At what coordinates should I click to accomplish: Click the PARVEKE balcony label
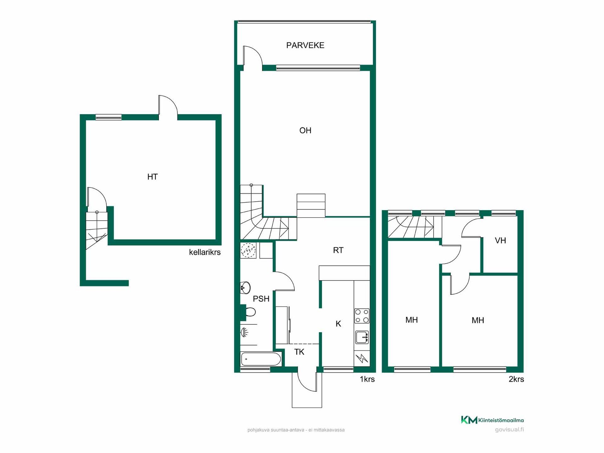pos(305,45)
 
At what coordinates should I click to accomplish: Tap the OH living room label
pos(305,130)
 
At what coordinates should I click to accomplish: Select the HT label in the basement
pos(152,177)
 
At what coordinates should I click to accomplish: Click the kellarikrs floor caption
pos(205,252)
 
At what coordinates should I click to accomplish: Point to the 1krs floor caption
pos(367,379)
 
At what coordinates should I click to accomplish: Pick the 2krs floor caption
pos(516,379)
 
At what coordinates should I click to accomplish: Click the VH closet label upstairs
pos(500,241)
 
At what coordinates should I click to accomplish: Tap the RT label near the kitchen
pos(338,250)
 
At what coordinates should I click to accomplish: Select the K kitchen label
pos(338,324)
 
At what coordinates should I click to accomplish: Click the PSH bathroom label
pos(261,299)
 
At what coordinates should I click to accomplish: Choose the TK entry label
pos(299,352)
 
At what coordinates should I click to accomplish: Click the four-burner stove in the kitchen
pos(362,316)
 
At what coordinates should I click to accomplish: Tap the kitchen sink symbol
pos(362,337)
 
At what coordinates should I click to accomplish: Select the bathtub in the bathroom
pos(261,359)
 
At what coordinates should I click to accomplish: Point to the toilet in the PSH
pos(248,312)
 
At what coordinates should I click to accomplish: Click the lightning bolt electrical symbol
pos(362,358)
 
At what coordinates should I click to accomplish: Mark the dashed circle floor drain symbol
pos(249,250)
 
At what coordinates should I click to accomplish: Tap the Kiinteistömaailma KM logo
pos(492,420)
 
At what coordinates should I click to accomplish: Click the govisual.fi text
pos(509,430)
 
